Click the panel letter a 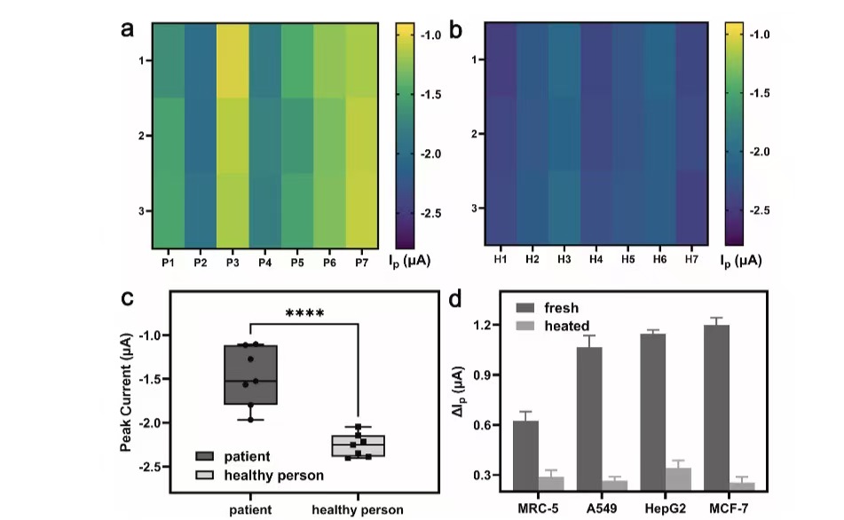pos(129,29)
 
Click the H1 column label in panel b pos(501,258)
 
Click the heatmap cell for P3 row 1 pos(233,60)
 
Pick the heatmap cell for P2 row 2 pos(201,135)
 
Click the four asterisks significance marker pos(304,313)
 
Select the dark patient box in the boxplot pos(250,374)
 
